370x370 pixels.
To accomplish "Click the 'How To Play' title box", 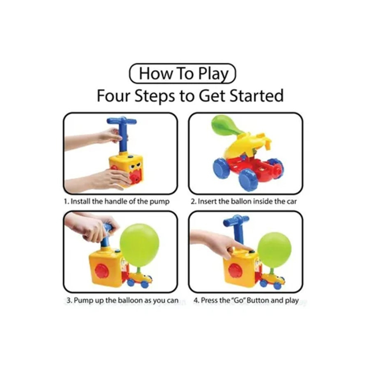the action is [x=182, y=73].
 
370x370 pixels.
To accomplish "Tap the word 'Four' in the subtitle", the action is [x=114, y=96].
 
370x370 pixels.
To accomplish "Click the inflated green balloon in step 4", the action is [x=274, y=250].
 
